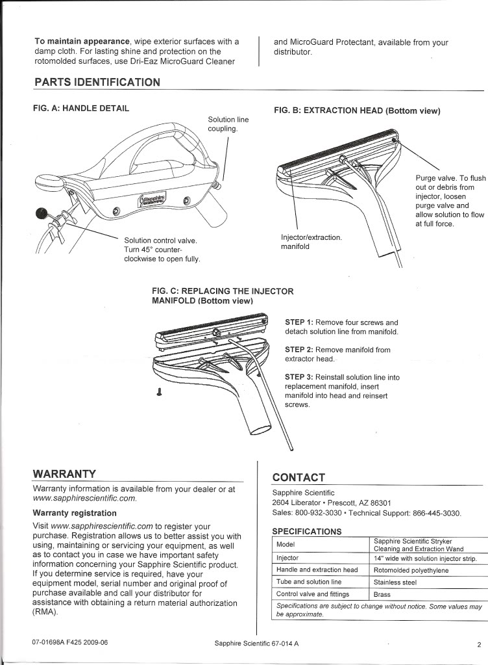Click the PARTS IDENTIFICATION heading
(97, 82)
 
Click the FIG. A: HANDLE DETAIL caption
(81, 107)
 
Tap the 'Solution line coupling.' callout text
(228, 124)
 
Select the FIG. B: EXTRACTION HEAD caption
(358, 111)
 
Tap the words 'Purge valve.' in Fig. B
(436, 178)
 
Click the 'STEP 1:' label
(299, 322)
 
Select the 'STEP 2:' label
(299, 350)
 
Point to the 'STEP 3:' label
(299, 377)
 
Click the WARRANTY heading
(64, 473)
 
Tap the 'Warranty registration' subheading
(75, 512)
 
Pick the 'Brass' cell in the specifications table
(382, 594)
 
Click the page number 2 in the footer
(477, 645)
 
